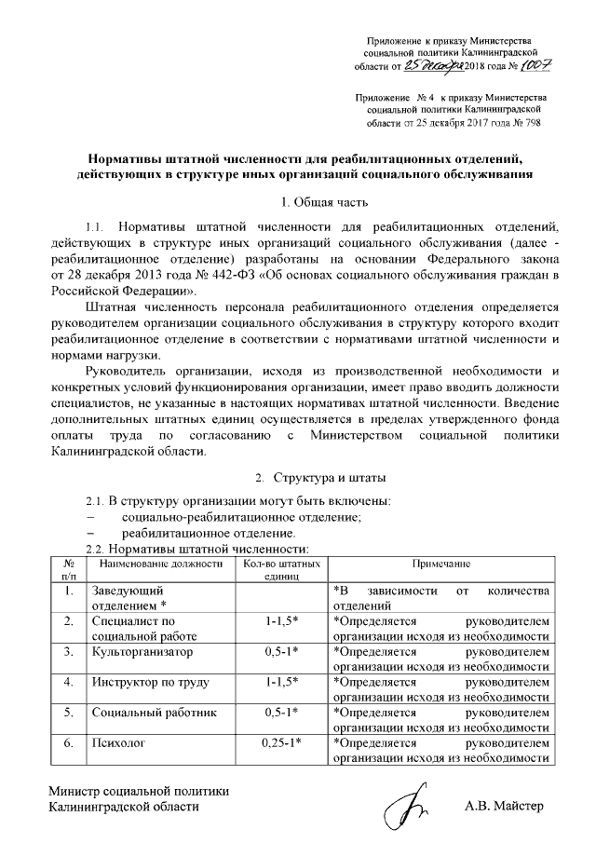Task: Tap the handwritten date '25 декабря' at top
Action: click(x=434, y=66)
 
